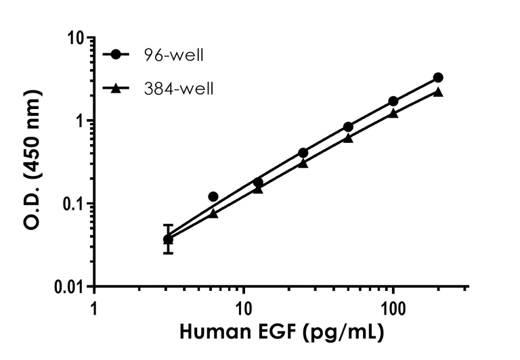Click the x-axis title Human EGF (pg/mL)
pyautogui.click(x=281, y=333)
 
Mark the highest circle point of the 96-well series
pyautogui.click(x=438, y=78)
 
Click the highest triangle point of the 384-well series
pyautogui.click(x=438, y=92)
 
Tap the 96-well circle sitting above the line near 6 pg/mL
pyautogui.click(x=213, y=196)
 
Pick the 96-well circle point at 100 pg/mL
pyautogui.click(x=393, y=102)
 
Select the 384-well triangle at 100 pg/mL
pyautogui.click(x=393, y=114)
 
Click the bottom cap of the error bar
pyautogui.click(x=168, y=253)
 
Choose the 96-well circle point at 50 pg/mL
pyautogui.click(x=348, y=127)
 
